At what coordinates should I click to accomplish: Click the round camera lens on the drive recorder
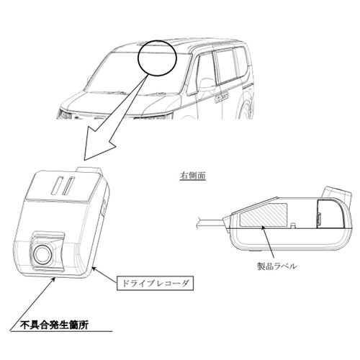pos(42,255)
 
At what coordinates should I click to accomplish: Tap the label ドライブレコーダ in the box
pos(155,284)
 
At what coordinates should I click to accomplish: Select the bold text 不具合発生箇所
pos(54,325)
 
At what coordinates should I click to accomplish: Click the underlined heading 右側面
pos(193,176)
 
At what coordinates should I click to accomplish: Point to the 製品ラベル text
pos(277,266)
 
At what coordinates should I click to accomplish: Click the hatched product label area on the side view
pos(264,215)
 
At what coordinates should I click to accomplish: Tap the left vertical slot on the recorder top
pos(57,185)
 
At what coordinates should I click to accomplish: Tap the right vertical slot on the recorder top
pos(69,186)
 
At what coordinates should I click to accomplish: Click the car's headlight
pos(65,114)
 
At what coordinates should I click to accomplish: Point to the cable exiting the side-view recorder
pos(210,222)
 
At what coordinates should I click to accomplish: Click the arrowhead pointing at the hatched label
pos(264,228)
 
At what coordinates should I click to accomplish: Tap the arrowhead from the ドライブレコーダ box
pos(95,269)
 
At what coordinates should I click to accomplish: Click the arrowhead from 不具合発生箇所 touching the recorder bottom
pos(54,279)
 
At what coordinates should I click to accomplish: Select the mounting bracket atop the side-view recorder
pos(337,193)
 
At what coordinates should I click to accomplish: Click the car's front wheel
pos(246,108)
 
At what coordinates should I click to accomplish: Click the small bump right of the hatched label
pos(292,225)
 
